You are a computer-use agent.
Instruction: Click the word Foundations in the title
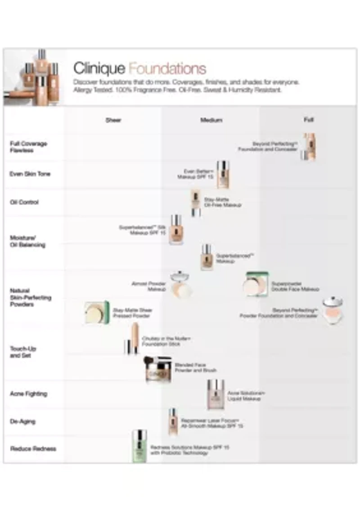[167, 69]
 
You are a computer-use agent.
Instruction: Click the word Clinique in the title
[99, 69]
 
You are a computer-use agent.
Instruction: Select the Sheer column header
[113, 120]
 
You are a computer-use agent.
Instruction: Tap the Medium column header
[211, 120]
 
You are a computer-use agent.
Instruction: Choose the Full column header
[309, 120]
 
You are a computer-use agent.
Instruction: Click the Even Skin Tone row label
[30, 174]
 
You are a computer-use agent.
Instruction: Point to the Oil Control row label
[24, 202]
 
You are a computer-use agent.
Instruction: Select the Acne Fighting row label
[28, 394]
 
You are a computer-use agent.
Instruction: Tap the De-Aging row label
[22, 422]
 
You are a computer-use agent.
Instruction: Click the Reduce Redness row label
[33, 449]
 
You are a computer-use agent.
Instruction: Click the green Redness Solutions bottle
[139, 446]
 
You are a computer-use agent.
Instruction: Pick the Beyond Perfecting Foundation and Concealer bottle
[309, 147]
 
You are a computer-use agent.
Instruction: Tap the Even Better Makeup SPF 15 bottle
[223, 175]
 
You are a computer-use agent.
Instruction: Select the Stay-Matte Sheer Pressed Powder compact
[97, 312]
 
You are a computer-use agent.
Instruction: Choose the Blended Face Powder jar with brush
[158, 369]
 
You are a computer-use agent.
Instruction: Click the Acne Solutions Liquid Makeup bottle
[216, 394]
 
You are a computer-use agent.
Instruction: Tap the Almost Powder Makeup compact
[181, 285]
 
